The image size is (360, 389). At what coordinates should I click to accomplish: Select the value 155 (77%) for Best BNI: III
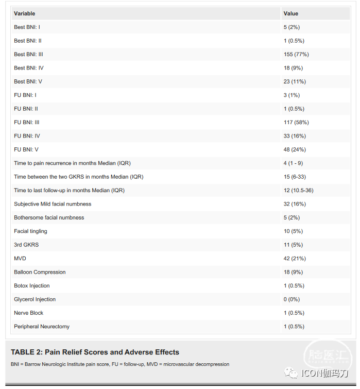click(x=296, y=54)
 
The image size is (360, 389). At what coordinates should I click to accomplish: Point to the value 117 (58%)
click(x=296, y=122)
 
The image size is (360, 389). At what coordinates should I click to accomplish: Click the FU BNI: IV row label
click(x=27, y=136)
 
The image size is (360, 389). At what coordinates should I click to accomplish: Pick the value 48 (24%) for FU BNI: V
click(x=294, y=149)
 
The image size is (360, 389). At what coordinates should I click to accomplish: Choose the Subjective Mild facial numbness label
click(x=53, y=204)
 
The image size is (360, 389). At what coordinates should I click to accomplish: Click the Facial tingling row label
click(x=30, y=231)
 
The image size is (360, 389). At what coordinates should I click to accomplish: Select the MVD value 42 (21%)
click(x=294, y=258)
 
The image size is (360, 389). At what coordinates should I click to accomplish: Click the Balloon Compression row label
click(x=40, y=272)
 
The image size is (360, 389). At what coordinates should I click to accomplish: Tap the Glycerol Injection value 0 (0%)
click(x=292, y=299)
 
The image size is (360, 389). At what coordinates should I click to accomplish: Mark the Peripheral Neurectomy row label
click(x=42, y=327)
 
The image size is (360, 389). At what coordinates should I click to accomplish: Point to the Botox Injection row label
click(x=32, y=285)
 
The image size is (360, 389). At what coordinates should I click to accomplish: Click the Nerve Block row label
click(x=29, y=313)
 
